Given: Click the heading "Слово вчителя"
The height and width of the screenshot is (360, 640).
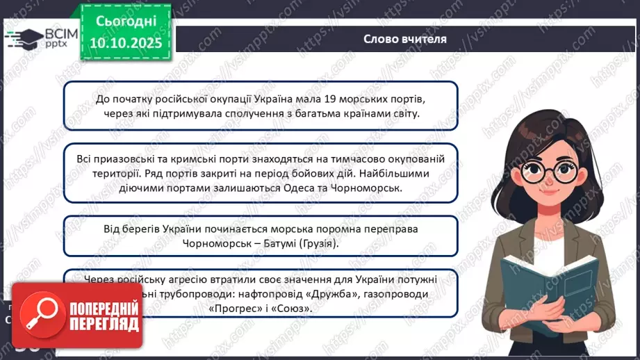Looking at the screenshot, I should point(404,39).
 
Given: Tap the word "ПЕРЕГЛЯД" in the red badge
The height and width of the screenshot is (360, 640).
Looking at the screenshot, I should point(104,325).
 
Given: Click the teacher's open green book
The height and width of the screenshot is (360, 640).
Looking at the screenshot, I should point(550,286).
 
